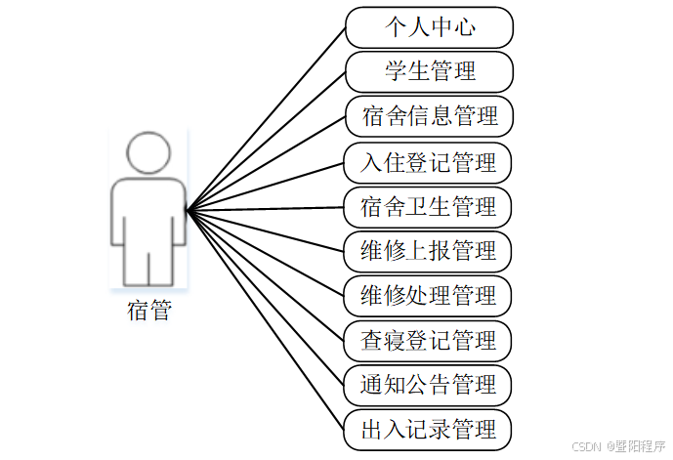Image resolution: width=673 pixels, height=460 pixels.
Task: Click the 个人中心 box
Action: [429, 27]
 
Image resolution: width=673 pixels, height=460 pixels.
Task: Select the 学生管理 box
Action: [429, 71]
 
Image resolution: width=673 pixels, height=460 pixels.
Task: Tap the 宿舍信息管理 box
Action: [429, 116]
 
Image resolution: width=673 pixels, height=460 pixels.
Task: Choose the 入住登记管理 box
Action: [429, 162]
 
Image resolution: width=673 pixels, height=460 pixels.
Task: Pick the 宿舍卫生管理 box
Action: [429, 207]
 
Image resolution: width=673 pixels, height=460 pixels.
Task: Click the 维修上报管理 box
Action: [429, 251]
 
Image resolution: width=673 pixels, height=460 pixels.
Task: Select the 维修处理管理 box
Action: [429, 295]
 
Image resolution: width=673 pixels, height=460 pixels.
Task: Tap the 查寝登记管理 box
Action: [429, 341]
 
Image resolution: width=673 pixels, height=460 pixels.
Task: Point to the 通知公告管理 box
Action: [429, 385]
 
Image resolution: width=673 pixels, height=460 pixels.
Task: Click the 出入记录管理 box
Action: [429, 430]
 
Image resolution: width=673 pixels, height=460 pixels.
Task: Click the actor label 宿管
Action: [149, 312]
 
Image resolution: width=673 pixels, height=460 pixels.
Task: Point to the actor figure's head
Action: [149, 153]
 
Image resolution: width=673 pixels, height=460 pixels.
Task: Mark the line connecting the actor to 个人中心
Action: [266, 118]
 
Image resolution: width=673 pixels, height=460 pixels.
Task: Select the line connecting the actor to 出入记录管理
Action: [266, 318]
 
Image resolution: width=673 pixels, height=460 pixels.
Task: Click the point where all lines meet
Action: [187, 208]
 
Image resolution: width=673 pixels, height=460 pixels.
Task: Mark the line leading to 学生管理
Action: [266, 140]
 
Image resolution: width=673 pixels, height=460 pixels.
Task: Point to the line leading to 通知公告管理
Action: [266, 296]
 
